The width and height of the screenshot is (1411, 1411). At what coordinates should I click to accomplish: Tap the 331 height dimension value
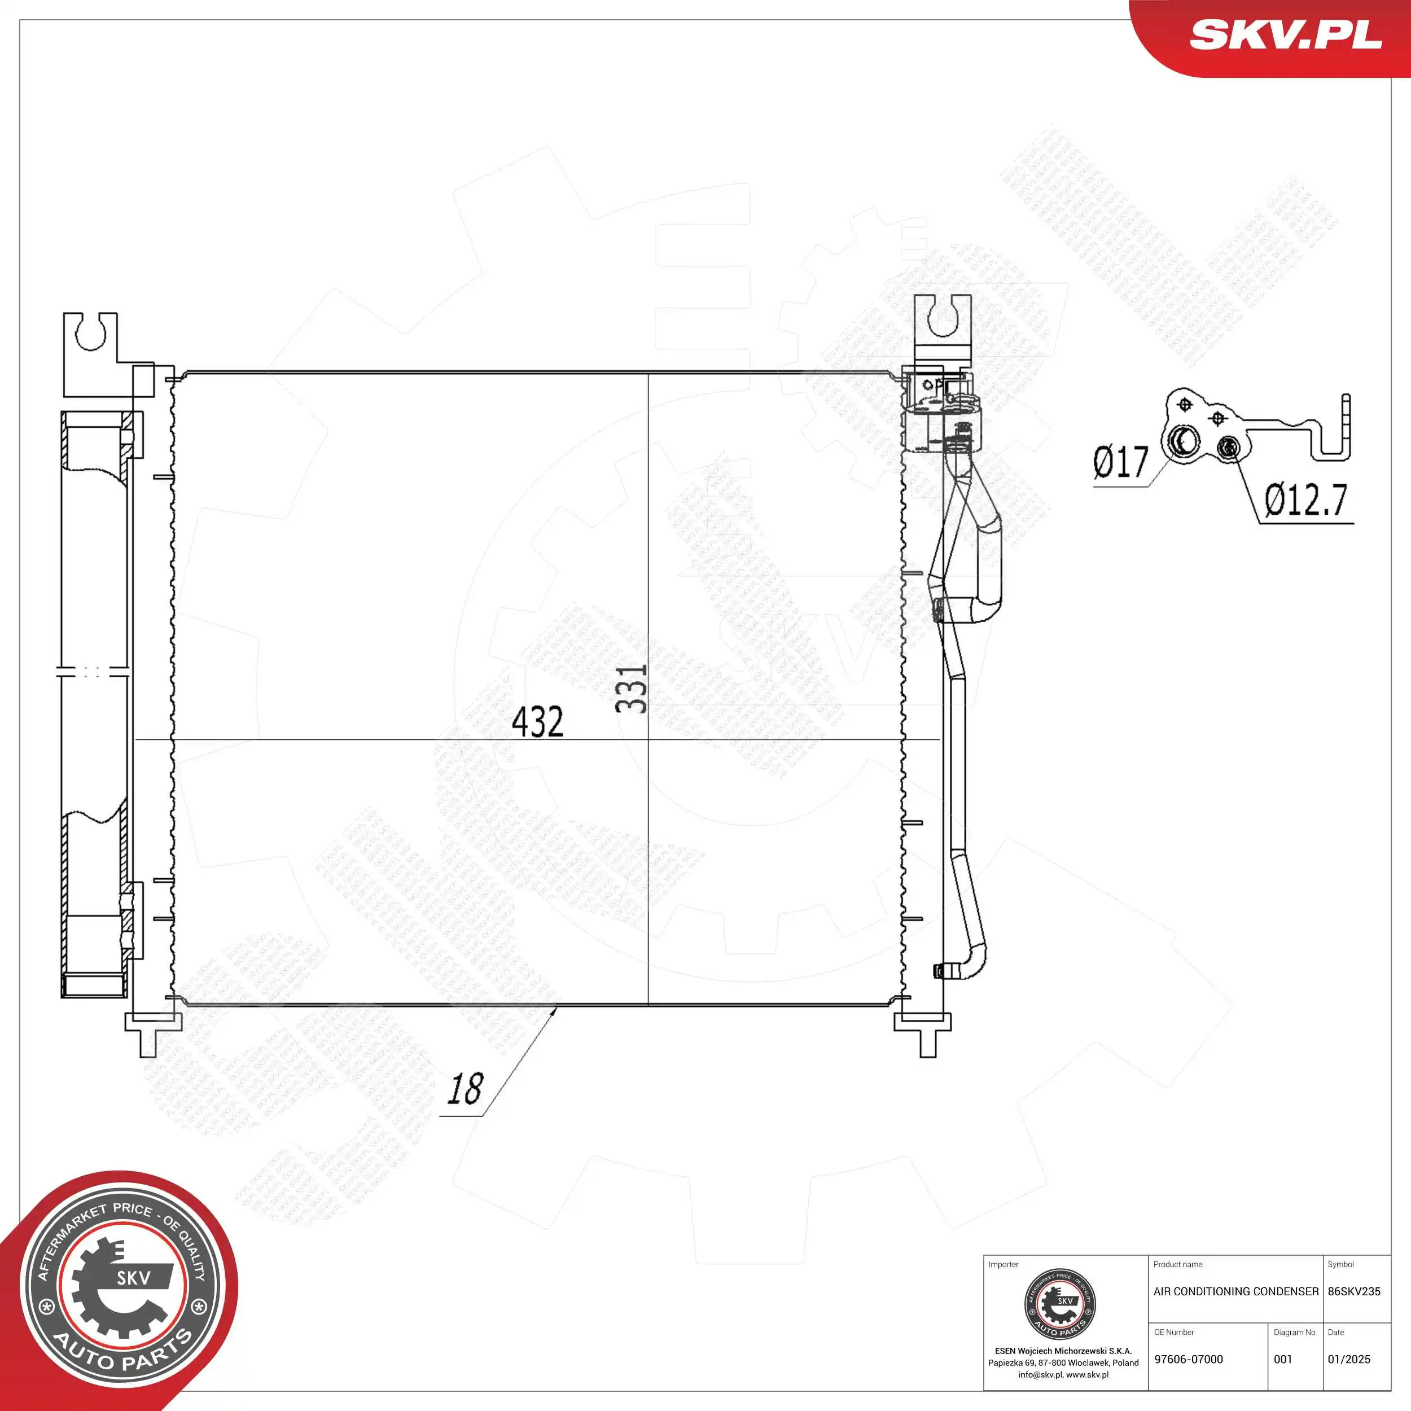click(x=631, y=688)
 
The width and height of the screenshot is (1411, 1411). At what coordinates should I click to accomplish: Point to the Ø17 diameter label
click(x=1121, y=462)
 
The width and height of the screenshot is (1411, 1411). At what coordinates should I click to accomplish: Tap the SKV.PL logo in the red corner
click(x=1285, y=34)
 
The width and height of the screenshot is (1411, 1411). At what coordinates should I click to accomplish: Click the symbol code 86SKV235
click(x=1354, y=1291)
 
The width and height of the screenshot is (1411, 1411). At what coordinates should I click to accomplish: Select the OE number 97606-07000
click(x=1188, y=1359)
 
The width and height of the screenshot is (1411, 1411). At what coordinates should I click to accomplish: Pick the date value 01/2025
click(x=1349, y=1359)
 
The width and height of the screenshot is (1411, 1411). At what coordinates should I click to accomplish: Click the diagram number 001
click(x=1283, y=1359)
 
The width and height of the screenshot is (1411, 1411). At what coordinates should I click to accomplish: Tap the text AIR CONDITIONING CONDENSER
click(x=1235, y=1291)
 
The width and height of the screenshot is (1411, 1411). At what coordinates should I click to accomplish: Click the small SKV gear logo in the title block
click(x=1060, y=1305)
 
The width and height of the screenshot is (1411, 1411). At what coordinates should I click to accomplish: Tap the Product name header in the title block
click(x=1177, y=1264)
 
